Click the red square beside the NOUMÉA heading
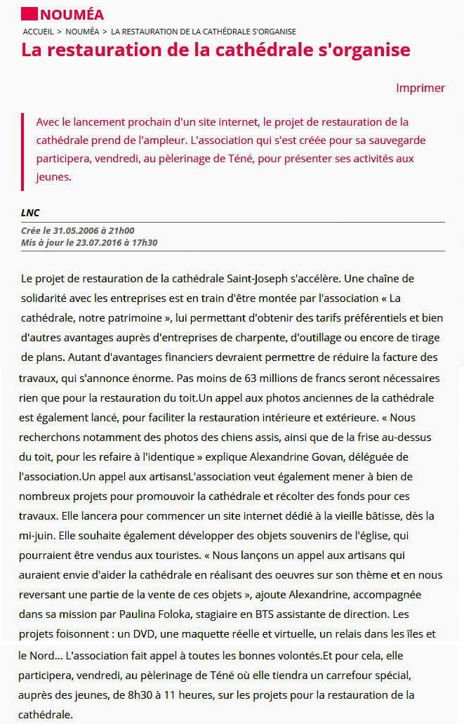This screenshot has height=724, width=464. coord(29,14)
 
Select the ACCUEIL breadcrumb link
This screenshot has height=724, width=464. coord(38,32)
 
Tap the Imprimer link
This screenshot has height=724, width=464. coord(420,88)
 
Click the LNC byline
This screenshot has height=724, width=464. coord(29,213)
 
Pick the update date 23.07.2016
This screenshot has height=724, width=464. coord(95,242)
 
